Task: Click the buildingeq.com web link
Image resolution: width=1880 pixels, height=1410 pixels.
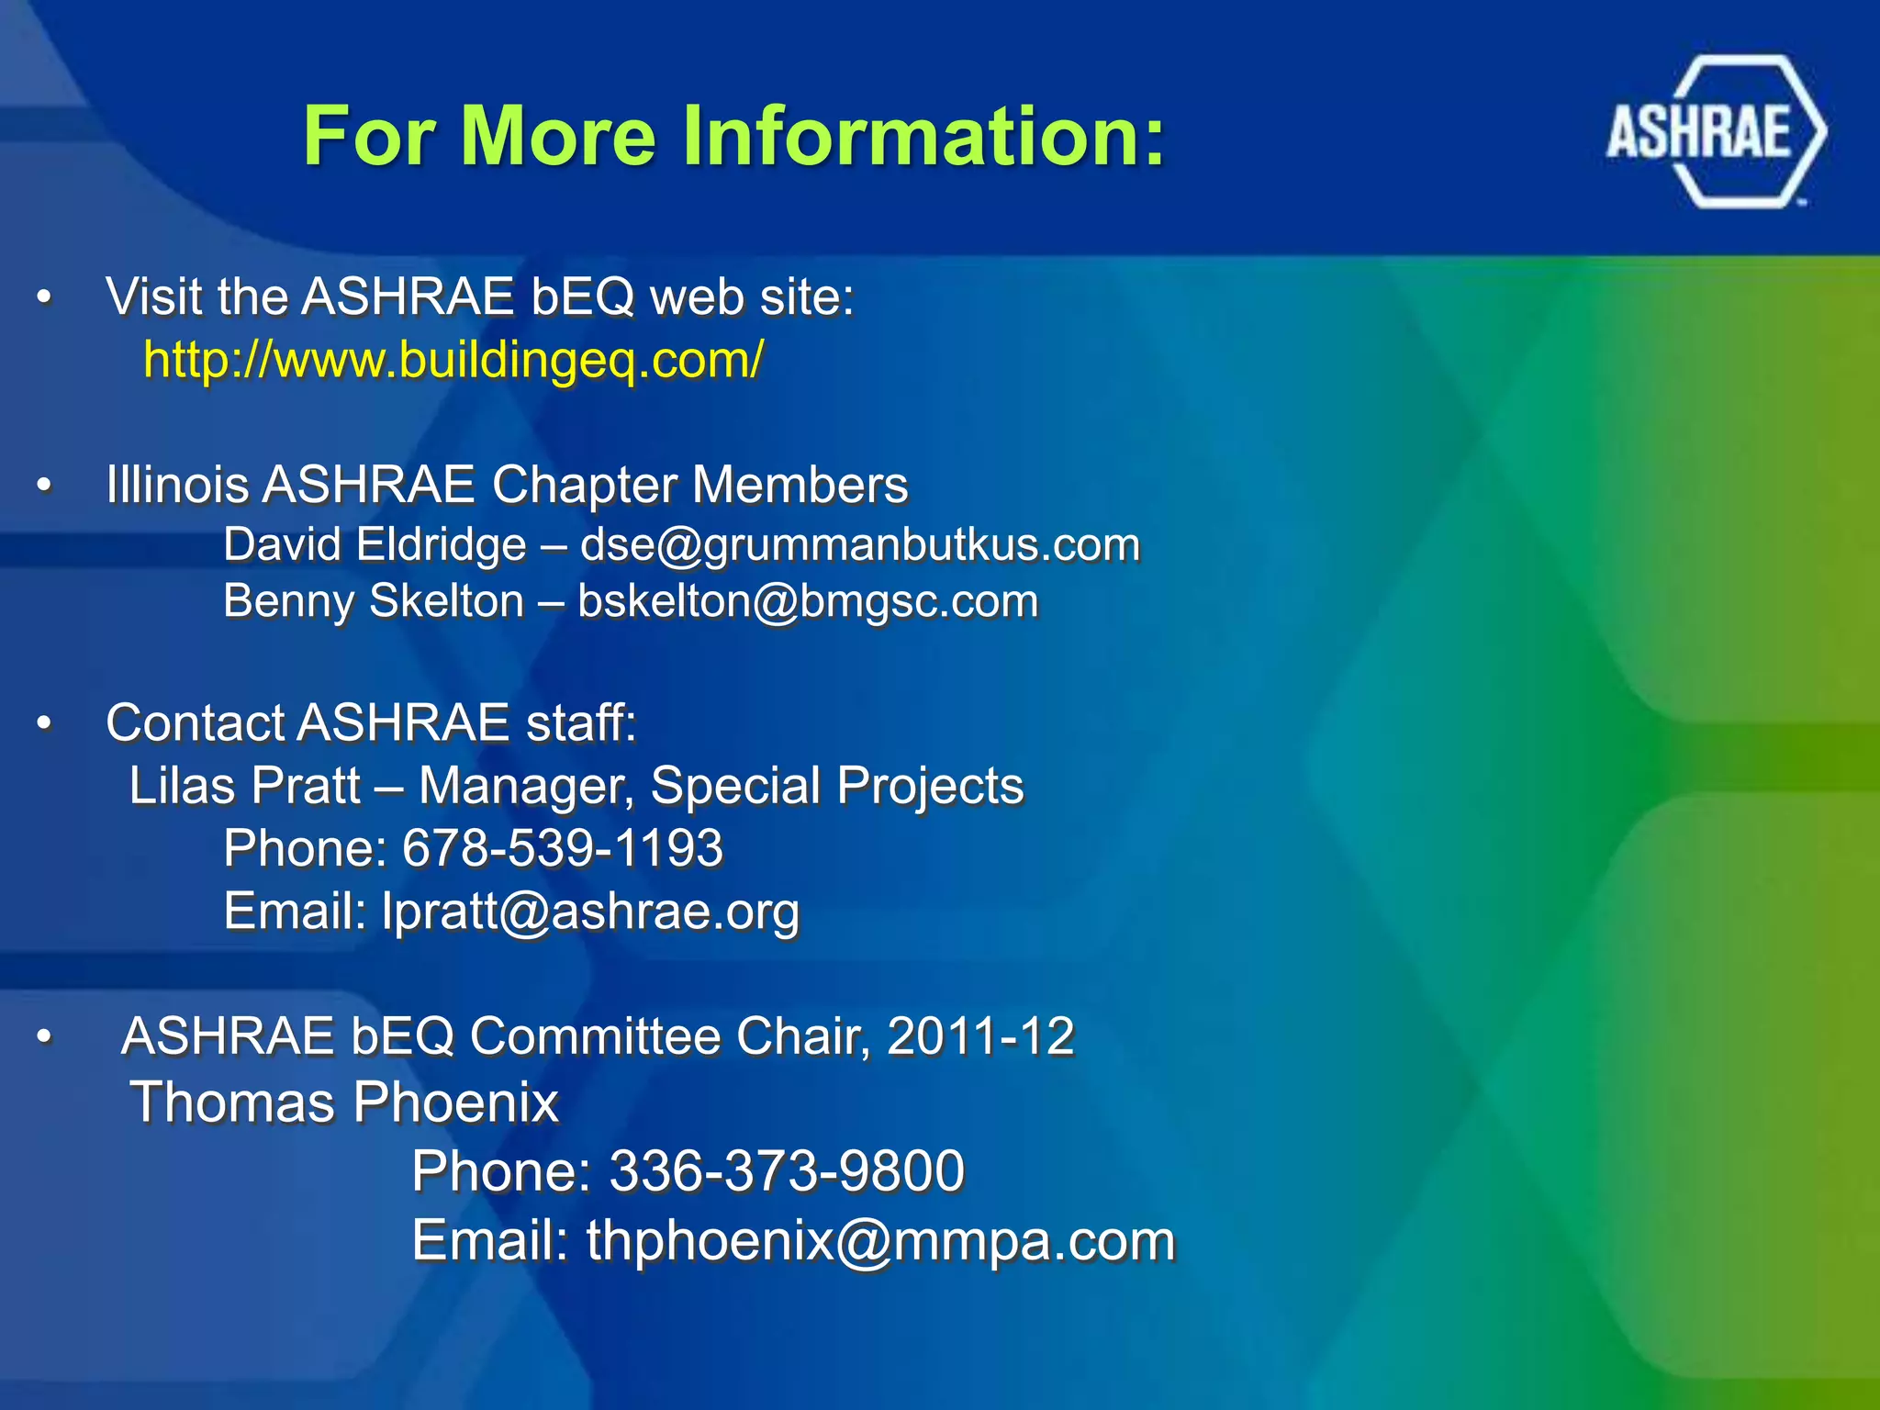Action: pyautogui.click(x=453, y=359)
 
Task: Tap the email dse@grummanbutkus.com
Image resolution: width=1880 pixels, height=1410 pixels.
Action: pyautogui.click(x=860, y=544)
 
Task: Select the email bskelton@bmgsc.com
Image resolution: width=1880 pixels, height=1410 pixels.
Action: pyautogui.click(x=808, y=601)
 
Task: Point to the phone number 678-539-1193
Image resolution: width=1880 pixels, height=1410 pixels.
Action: pyautogui.click(x=563, y=847)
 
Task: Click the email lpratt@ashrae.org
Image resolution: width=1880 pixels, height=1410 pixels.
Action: pyautogui.click(x=590, y=911)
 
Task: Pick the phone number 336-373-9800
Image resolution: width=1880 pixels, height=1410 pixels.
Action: pyautogui.click(x=787, y=1170)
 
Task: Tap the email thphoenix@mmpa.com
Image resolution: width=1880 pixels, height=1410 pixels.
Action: pyautogui.click(x=880, y=1240)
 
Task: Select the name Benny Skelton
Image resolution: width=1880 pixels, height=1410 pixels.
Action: pyautogui.click(x=374, y=601)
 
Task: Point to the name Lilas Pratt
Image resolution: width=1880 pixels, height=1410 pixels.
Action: pyautogui.click(x=244, y=786)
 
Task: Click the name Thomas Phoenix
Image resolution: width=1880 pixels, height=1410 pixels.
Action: pyautogui.click(x=344, y=1102)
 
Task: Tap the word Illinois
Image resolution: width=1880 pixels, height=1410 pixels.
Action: pyautogui.click(x=177, y=484)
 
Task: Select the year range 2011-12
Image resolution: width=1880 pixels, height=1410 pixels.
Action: pyautogui.click(x=980, y=1036)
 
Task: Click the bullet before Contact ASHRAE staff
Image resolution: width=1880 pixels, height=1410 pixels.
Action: pyautogui.click(x=44, y=724)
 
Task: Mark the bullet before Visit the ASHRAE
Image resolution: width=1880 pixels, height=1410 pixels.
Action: pyautogui.click(x=44, y=298)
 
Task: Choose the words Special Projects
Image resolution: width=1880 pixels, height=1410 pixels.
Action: pyautogui.click(x=836, y=786)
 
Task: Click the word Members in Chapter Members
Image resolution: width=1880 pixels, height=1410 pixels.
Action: pyautogui.click(x=800, y=484)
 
